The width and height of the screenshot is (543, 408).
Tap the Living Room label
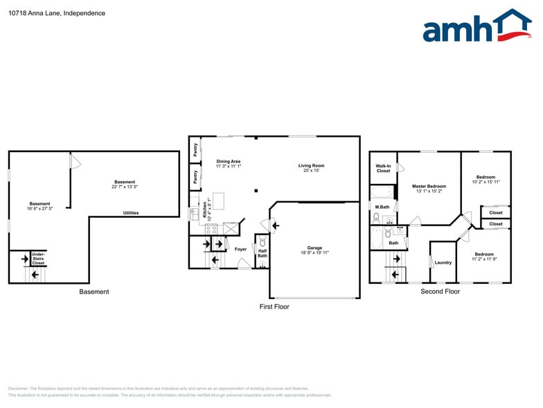pos(311,166)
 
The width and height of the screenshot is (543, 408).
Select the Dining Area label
pos(228,162)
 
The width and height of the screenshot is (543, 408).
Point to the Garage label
pos(314,248)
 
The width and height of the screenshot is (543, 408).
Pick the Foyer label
pos(240,249)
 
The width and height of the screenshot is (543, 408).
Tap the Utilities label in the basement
pos(130,213)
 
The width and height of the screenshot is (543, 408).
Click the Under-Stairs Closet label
pos(38,259)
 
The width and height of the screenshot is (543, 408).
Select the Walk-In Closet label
pos(383,168)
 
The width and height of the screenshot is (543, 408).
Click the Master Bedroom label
pos(429,186)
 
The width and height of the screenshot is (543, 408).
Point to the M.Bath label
pos(381,207)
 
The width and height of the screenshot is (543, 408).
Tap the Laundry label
pos(443,262)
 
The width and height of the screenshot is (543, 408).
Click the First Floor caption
pos(274,306)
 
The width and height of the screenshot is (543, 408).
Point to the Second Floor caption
pos(440,291)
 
